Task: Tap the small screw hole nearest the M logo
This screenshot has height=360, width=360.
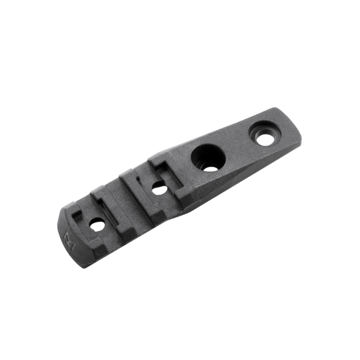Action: click(x=97, y=226)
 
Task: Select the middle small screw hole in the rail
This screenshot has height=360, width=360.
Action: click(x=158, y=187)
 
